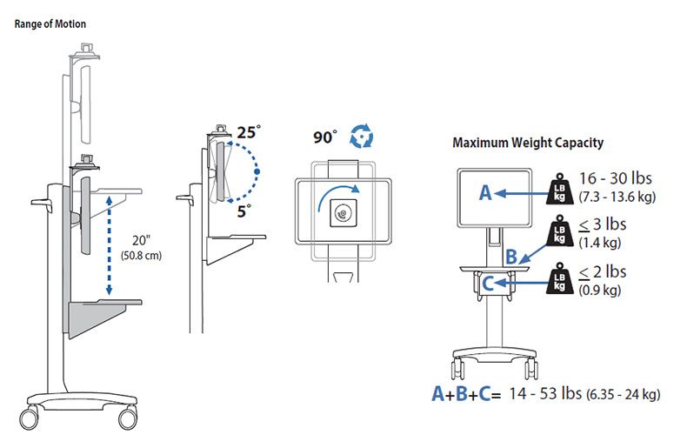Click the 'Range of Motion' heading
(50, 23)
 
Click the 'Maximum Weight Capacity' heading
(528, 143)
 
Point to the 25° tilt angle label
(249, 132)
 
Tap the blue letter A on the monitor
(485, 194)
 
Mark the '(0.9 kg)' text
(600, 291)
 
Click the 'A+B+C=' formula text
(467, 393)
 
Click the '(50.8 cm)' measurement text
(139, 256)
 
